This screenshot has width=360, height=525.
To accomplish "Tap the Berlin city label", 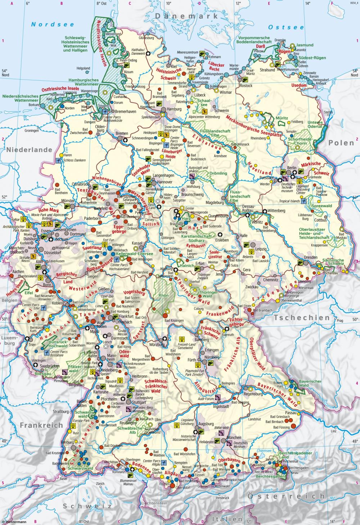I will [x=292, y=168].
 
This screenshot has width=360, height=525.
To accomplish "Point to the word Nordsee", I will [x=52, y=25].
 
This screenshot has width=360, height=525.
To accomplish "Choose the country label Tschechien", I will [x=302, y=318].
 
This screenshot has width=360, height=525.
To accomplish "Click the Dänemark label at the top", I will [x=187, y=16].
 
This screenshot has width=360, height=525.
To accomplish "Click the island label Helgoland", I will [x=83, y=68].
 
